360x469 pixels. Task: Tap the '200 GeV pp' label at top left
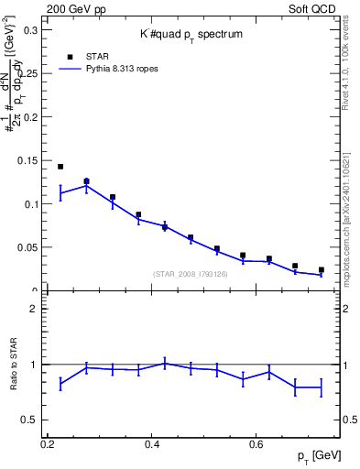coord(76,7)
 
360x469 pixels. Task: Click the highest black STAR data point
coord(60,167)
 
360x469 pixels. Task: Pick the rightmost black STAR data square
coord(321,270)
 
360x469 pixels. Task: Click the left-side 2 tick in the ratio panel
coord(36,309)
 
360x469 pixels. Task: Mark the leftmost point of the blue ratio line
coord(60,384)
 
